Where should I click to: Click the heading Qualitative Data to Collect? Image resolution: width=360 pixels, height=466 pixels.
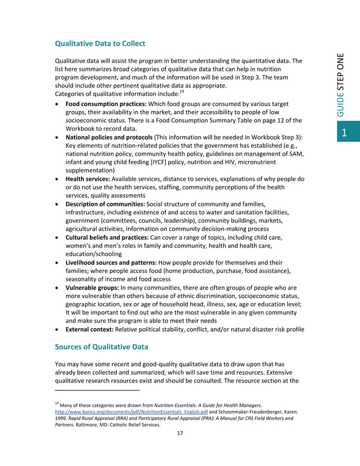pyautogui.click(x=100, y=43)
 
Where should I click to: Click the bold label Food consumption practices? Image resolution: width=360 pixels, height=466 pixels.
pyautogui.click(x=106, y=104)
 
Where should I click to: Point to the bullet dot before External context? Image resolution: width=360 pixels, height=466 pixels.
pyautogui.click(x=58, y=329)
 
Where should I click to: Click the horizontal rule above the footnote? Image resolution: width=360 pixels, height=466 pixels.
pyautogui.click(x=97, y=390)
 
